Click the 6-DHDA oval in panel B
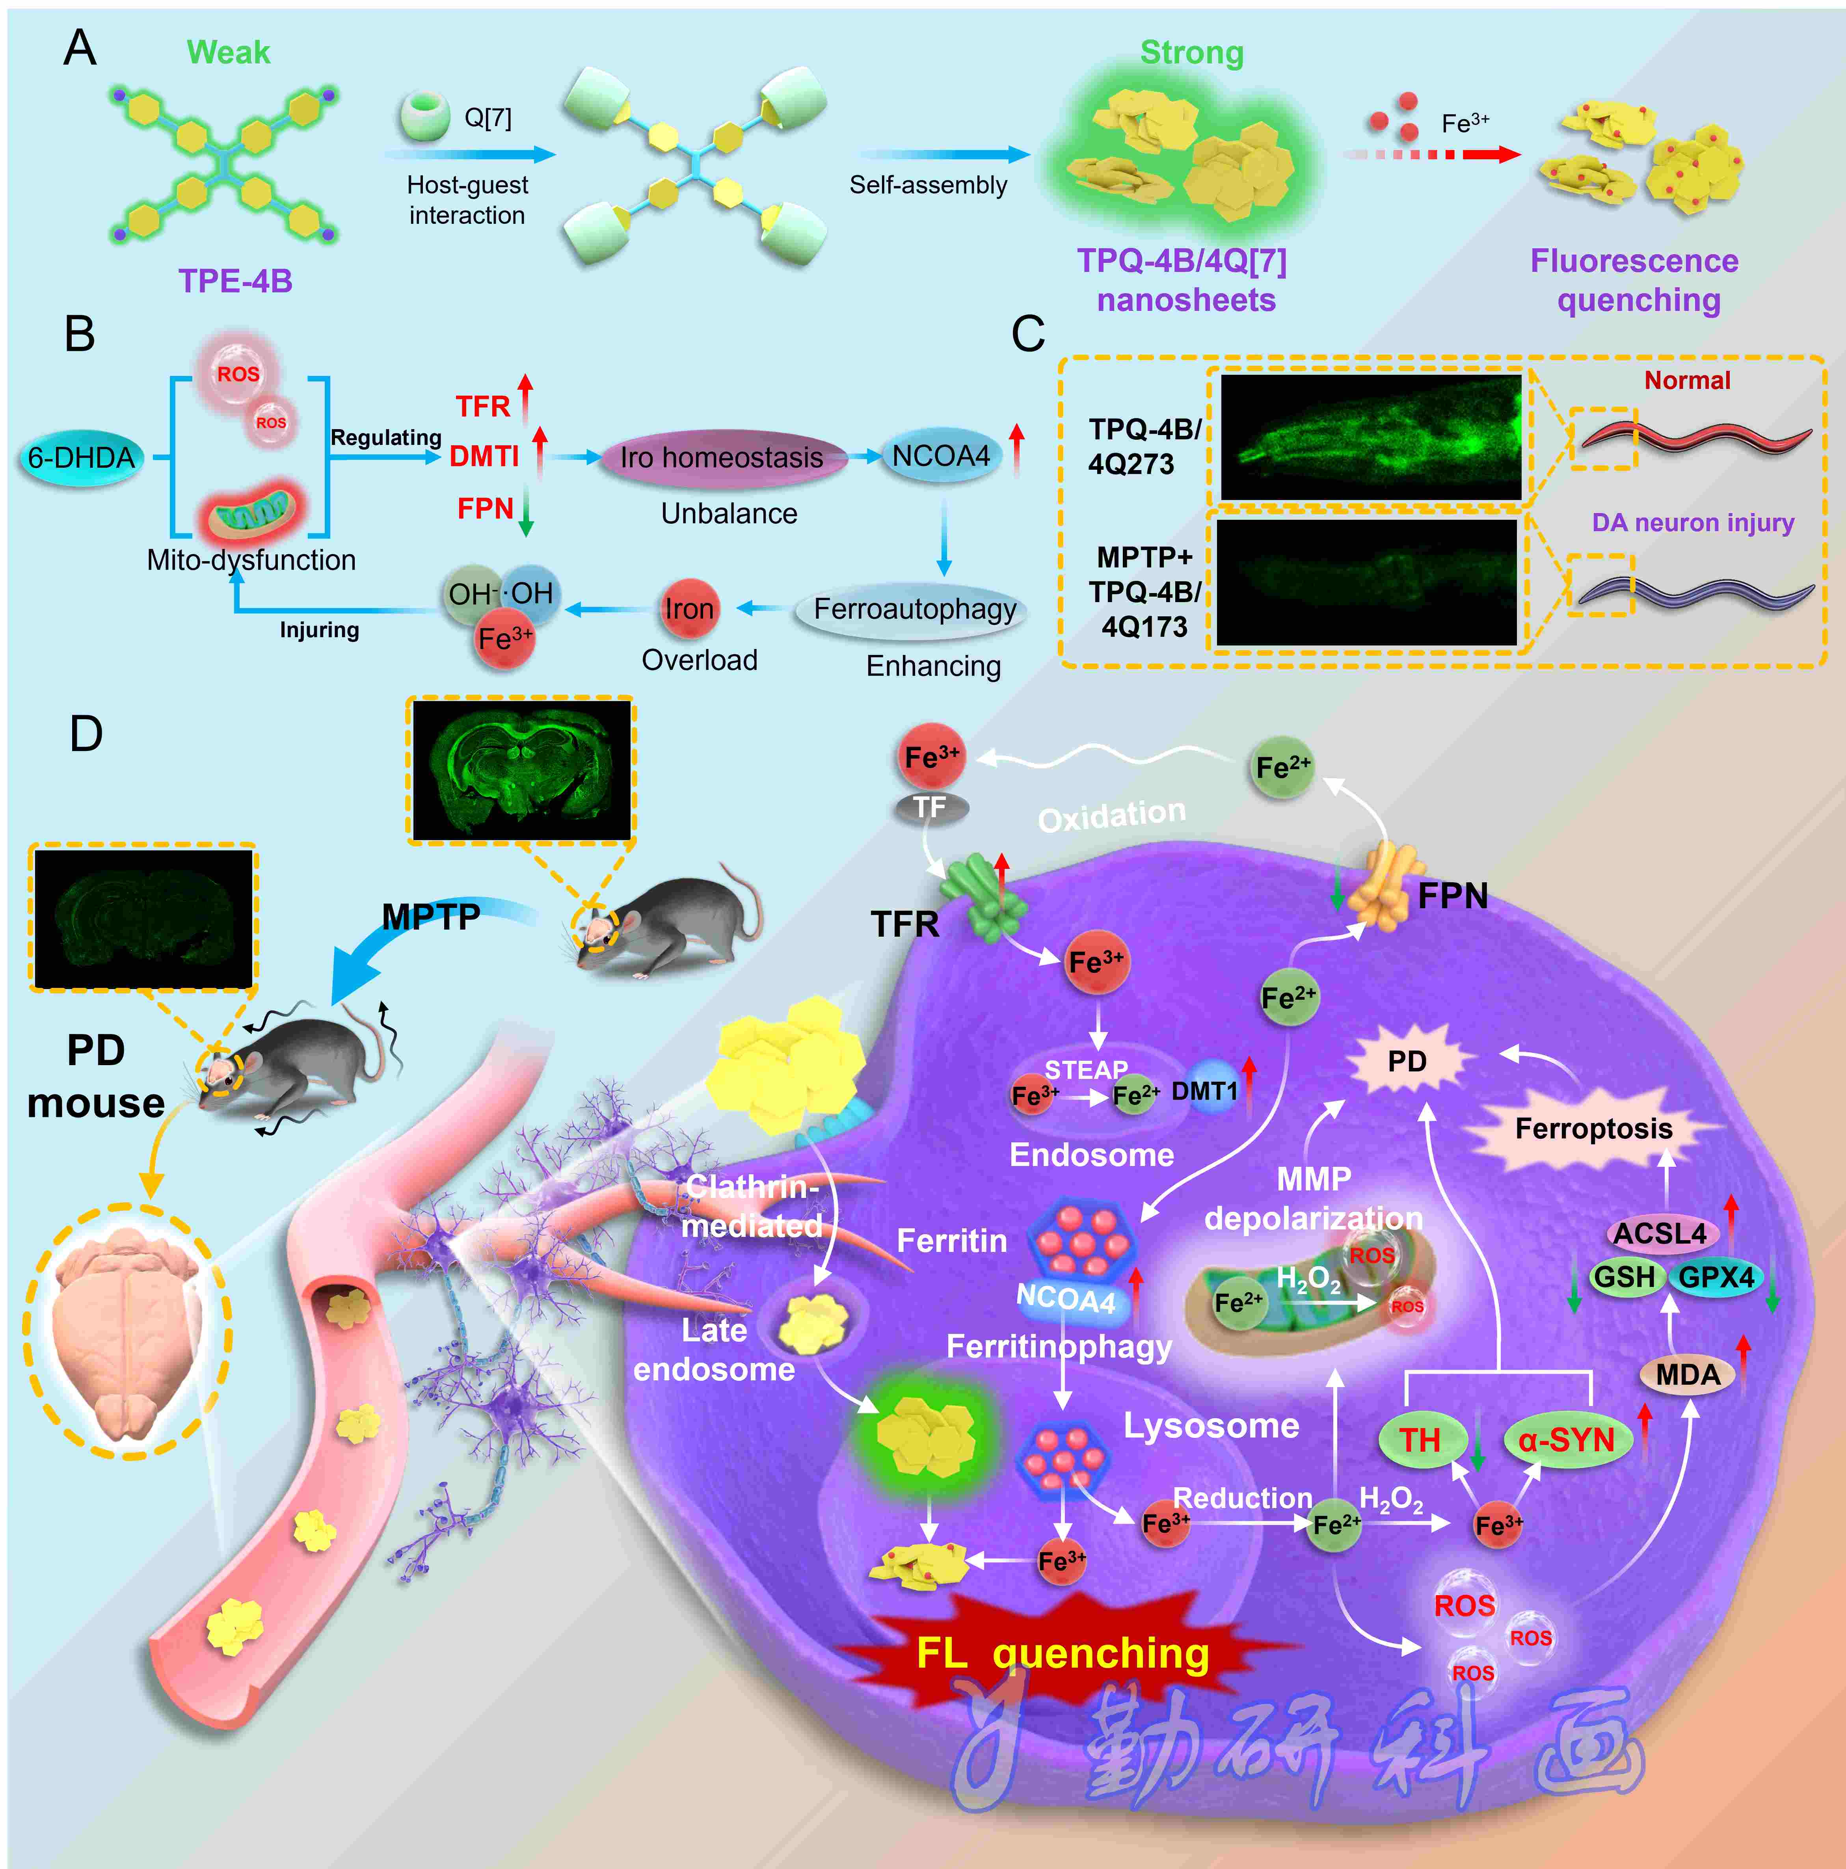point(81,457)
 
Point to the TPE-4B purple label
point(235,281)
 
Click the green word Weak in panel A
point(228,52)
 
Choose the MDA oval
point(1688,1375)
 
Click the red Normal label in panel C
point(1687,380)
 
